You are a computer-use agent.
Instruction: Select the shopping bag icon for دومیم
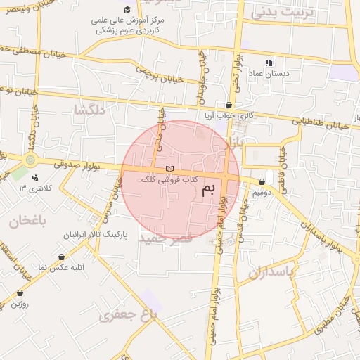coord(262,181)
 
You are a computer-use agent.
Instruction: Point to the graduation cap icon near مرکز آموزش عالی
coord(127,9)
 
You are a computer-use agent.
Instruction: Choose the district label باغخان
coord(27,221)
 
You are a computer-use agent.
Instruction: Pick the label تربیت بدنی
coord(285,12)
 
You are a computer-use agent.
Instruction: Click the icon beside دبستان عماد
coord(269,63)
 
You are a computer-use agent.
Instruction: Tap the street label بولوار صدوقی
coord(73,164)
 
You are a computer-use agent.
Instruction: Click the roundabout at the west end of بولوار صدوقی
coord(30,160)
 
